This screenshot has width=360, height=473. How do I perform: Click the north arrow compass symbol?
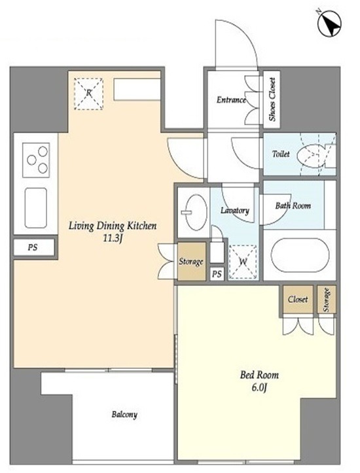tap(329, 24)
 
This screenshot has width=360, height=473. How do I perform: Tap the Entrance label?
tap(231, 100)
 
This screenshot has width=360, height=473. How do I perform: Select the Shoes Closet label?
tap(272, 99)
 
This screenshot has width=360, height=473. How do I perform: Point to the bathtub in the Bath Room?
tap(300, 255)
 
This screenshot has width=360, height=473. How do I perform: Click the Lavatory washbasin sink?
tap(196, 212)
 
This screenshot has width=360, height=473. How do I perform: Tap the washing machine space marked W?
tap(243, 262)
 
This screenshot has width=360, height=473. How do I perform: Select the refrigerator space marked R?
tap(88, 94)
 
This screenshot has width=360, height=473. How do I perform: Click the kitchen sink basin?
tap(35, 208)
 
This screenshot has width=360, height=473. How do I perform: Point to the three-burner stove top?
tap(36, 160)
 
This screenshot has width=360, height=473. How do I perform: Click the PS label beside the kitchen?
tap(33, 248)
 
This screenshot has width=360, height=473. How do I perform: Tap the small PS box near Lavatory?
tap(217, 274)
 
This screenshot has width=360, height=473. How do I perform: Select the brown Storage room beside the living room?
tap(191, 261)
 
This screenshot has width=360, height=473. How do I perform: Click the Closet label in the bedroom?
tap(298, 299)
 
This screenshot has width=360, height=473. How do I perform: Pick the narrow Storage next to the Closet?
tap(327, 299)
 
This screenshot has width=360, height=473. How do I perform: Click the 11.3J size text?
tap(113, 239)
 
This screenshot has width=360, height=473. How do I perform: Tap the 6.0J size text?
tap(259, 388)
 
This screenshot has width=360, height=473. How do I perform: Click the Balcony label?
tap(124, 415)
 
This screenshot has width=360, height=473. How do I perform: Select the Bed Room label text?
tap(259, 375)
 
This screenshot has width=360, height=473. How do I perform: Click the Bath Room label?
tap(293, 205)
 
